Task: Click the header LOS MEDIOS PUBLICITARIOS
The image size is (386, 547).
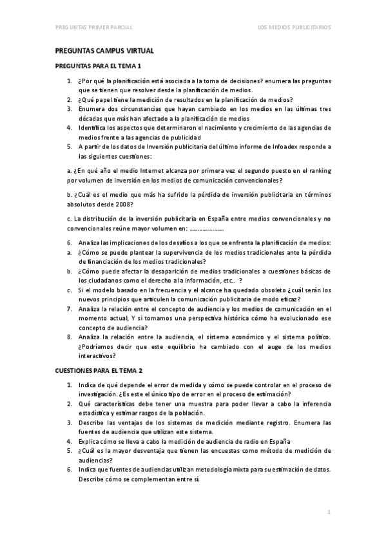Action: (294, 27)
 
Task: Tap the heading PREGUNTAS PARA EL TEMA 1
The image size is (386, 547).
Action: (98, 66)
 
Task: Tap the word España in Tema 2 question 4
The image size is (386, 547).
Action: (278, 441)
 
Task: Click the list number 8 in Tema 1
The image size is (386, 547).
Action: (70, 337)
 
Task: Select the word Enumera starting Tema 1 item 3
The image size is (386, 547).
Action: (93, 109)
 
